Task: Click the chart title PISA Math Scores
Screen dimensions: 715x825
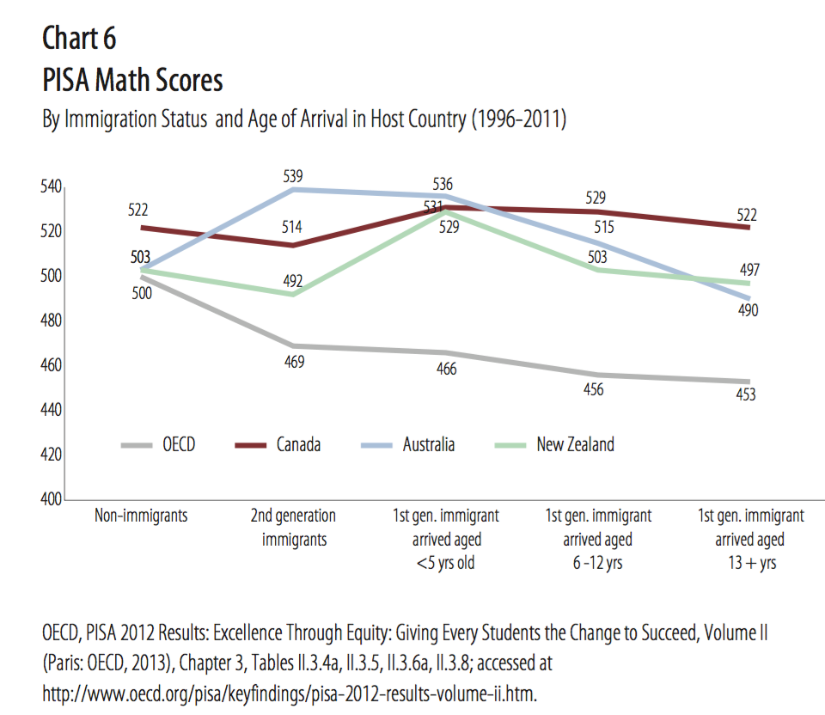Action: tap(132, 81)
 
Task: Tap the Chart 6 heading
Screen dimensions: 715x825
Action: tap(79, 39)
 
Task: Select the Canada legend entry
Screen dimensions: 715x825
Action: tap(298, 444)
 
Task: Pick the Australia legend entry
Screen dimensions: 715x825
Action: tap(428, 444)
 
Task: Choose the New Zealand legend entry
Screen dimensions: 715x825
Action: tap(575, 444)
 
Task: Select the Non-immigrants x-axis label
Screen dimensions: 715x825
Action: tap(141, 516)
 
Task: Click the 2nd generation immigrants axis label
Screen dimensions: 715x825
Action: tap(293, 528)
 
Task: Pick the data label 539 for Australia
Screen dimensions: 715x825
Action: tap(293, 176)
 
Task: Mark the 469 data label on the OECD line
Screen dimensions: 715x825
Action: tap(293, 362)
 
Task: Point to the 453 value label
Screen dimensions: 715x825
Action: tap(747, 395)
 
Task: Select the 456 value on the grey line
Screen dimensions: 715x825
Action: tap(594, 389)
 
